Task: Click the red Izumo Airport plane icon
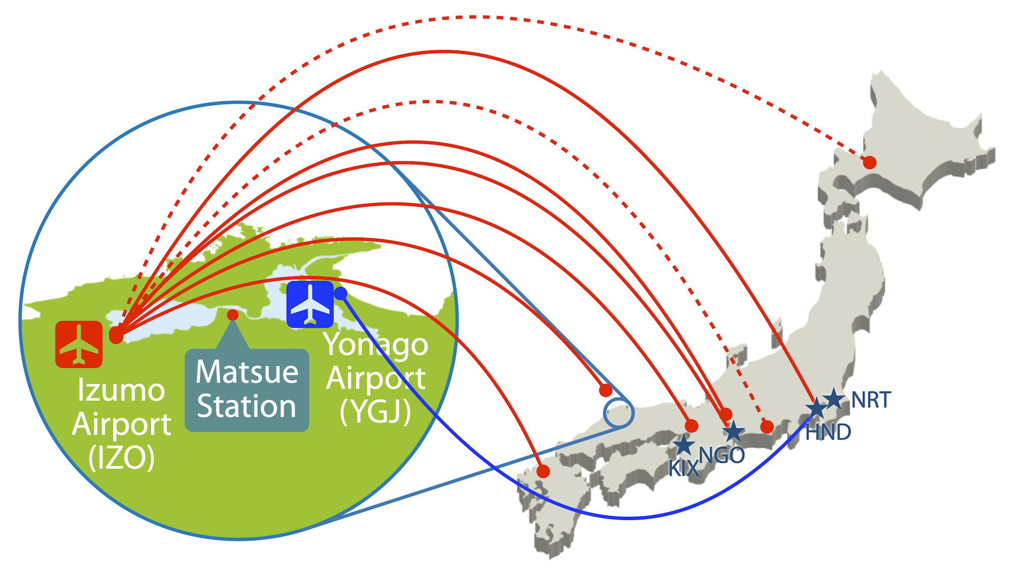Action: tap(79, 344)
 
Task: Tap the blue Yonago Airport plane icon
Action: tap(310, 305)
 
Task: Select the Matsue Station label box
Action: tap(247, 389)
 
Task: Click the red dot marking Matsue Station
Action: tap(233, 314)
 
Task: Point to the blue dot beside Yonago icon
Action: tap(341, 293)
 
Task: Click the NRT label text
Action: tap(871, 400)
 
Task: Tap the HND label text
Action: tap(828, 432)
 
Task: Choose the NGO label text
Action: tap(722, 455)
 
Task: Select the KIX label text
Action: tap(683, 468)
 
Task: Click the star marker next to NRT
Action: tap(834, 398)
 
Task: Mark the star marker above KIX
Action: tap(683, 444)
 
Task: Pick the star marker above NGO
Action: tap(734, 432)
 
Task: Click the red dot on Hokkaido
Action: tap(870, 163)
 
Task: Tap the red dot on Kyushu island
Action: tap(544, 472)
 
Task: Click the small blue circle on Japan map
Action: tap(619, 413)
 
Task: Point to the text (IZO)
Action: tap(121, 458)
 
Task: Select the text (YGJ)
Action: tap(376, 411)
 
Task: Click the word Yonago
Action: tap(376, 345)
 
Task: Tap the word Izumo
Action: tap(121, 391)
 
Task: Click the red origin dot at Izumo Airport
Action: tap(116, 335)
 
